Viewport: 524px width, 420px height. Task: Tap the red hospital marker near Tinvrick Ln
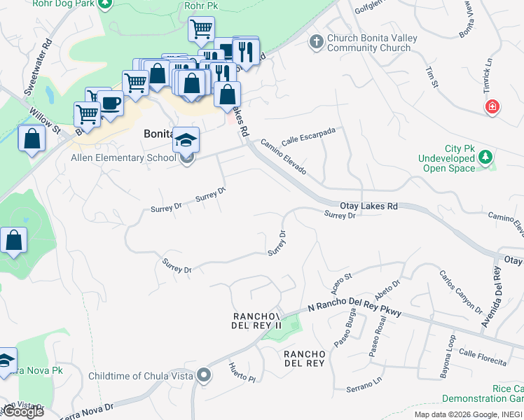pos(493,106)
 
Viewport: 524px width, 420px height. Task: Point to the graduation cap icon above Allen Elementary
pos(186,140)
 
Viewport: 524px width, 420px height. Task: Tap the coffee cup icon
pos(111,103)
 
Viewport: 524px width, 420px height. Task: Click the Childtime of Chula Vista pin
pos(204,376)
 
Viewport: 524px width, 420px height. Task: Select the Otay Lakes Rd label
pos(368,206)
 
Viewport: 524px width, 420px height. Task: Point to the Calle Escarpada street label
pos(309,136)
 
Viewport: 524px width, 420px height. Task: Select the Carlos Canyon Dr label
pos(461,292)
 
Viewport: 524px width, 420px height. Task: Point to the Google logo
pos(22,412)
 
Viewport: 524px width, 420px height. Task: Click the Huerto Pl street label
pos(242,372)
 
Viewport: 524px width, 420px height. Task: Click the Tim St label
pos(432,78)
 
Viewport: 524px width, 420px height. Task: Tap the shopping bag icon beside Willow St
pos(32,139)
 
